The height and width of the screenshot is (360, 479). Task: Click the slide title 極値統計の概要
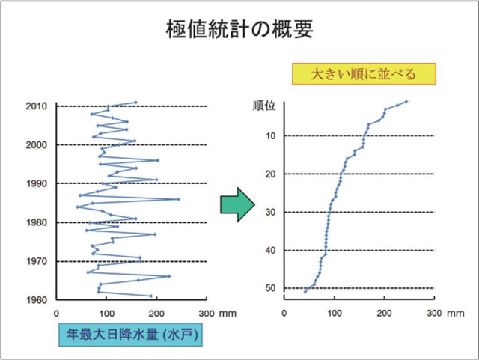(239, 30)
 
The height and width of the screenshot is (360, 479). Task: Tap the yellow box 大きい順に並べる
(363, 73)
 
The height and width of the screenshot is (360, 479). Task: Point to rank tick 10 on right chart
(272, 136)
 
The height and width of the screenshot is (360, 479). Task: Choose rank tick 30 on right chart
(272, 213)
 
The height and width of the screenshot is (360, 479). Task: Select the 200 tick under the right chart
(385, 314)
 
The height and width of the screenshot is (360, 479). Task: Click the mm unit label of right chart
(456, 314)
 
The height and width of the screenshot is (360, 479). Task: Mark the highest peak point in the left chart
(179, 199)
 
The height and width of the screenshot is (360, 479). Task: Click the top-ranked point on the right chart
(406, 101)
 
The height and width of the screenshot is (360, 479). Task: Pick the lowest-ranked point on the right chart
(305, 291)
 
